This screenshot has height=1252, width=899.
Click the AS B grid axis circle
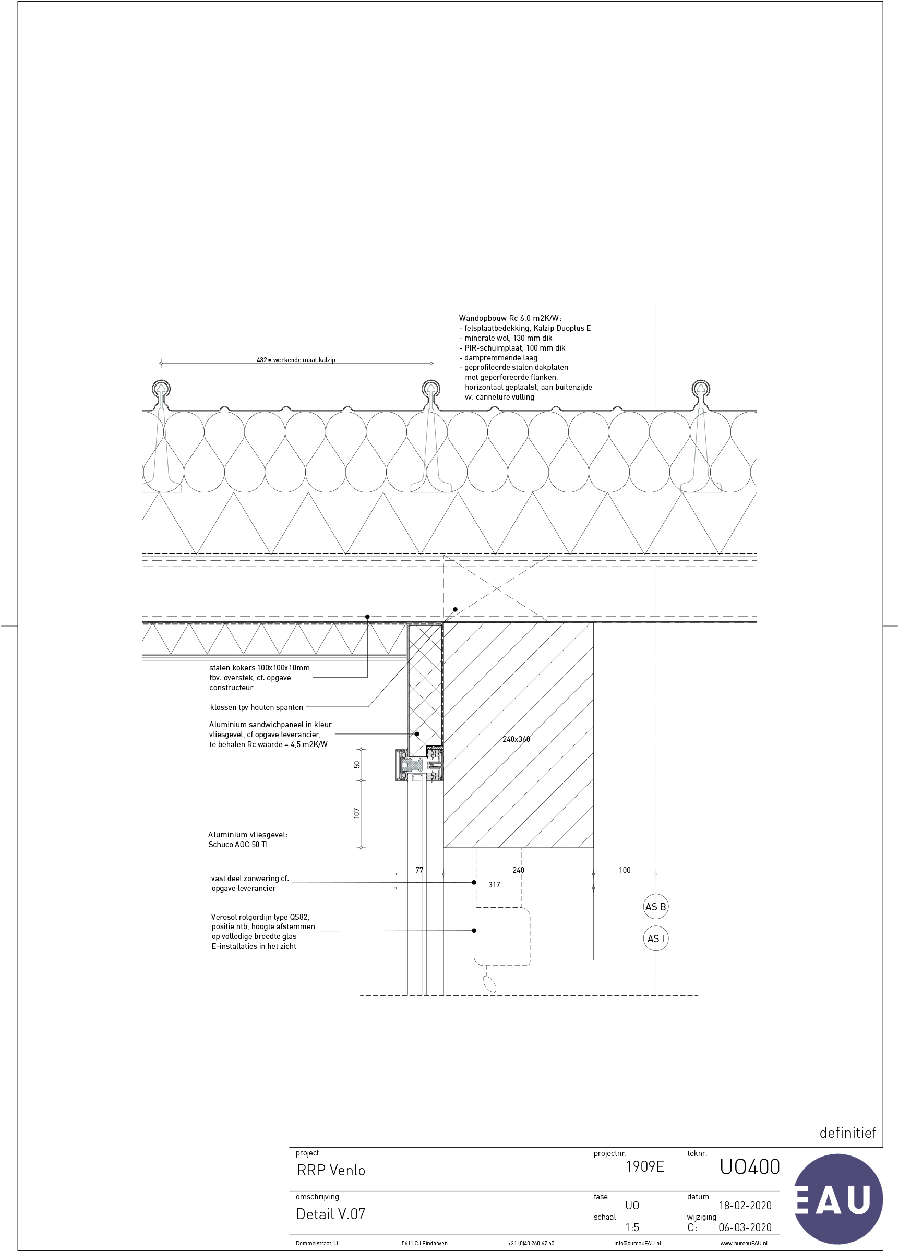(x=655, y=907)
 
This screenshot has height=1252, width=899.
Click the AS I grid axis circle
(x=655, y=938)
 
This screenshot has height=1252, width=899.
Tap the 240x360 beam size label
(x=517, y=739)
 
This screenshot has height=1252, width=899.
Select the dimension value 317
(x=494, y=884)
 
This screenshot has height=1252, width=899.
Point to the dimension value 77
(x=419, y=870)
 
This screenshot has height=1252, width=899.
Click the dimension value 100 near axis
(x=625, y=870)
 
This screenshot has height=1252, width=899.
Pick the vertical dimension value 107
(x=357, y=813)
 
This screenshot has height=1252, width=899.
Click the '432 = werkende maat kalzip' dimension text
(x=296, y=360)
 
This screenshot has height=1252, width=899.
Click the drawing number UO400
(x=749, y=1166)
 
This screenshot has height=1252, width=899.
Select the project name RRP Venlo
(x=331, y=1170)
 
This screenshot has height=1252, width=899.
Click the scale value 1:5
(x=632, y=1227)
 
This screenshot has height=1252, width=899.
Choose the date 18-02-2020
(x=745, y=1206)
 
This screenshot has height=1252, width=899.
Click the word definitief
(x=848, y=1133)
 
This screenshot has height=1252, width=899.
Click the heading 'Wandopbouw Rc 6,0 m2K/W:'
(x=510, y=319)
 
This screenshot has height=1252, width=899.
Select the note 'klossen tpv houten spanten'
(x=257, y=707)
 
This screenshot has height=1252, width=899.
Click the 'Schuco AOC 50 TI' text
(x=238, y=845)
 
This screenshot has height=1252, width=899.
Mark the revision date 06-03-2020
(x=745, y=1227)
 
